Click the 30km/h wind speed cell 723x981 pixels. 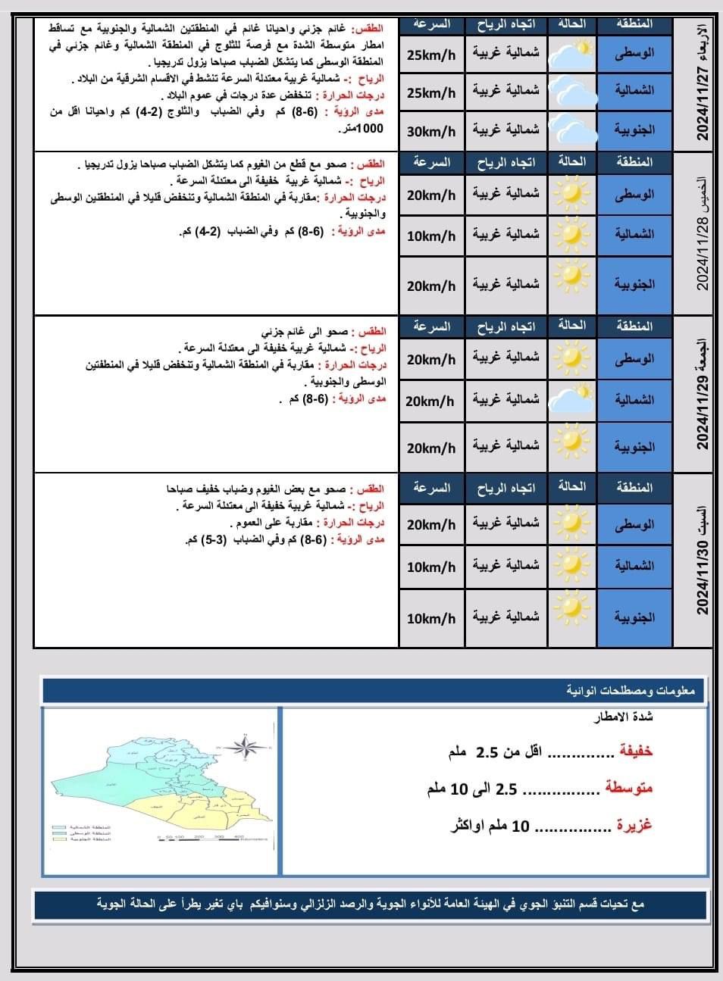pos(431,131)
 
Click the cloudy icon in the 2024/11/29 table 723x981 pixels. pos(572,399)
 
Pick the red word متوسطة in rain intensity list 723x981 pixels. pos(628,789)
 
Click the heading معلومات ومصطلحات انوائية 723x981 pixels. pos(635,691)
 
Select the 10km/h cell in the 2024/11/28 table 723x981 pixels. pos(431,236)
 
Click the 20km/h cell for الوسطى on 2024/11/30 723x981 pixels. pos(431,524)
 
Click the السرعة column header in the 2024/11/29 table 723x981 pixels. pos(431,326)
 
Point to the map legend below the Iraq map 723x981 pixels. pos(82,833)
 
